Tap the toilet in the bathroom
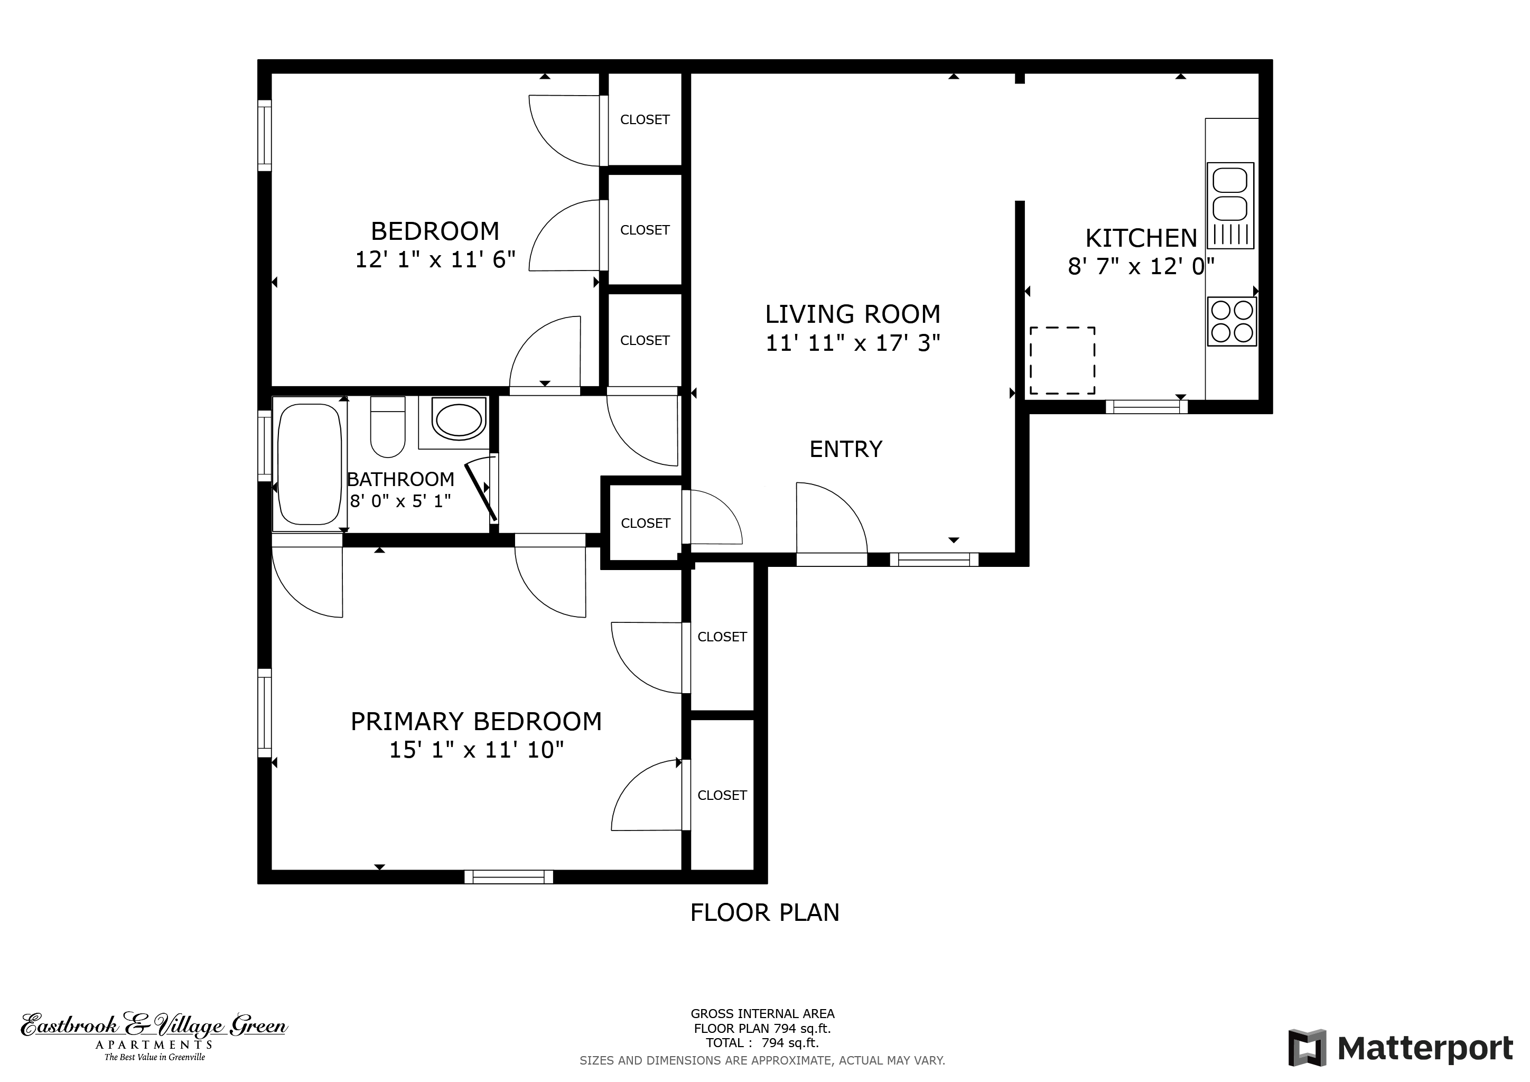(388, 427)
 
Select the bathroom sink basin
(459, 419)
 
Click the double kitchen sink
(1230, 205)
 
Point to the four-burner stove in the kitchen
(1232, 321)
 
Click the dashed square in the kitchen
(1062, 360)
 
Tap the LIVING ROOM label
(852, 314)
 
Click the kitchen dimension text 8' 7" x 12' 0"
(1141, 266)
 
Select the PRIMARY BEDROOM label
(476, 722)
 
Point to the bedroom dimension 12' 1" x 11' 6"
(435, 259)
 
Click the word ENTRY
(846, 449)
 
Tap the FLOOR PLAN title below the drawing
(764, 913)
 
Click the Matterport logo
(1400, 1048)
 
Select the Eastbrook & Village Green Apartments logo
(154, 1037)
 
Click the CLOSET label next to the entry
(645, 524)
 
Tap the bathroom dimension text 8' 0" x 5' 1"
(400, 501)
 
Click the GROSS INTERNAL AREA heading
(762, 1014)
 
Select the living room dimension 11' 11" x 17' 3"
(852, 343)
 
